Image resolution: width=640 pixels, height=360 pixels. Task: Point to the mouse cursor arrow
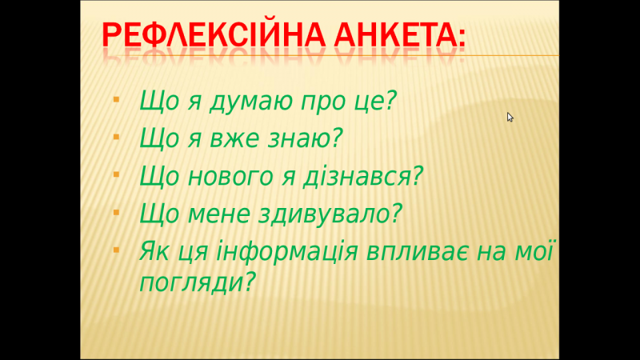coord(510,117)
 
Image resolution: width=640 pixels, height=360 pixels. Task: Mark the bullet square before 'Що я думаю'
coord(116,100)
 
